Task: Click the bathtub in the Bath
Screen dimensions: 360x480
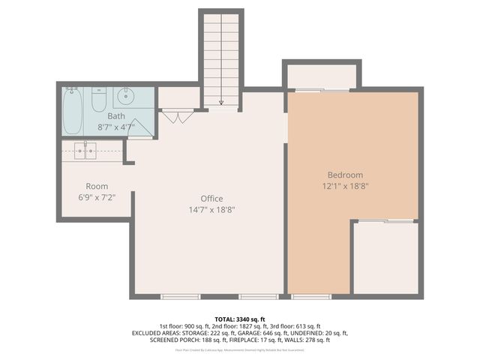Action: click(x=73, y=111)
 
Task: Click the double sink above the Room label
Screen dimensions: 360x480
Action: click(x=85, y=150)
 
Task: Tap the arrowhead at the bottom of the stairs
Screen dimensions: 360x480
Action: click(x=221, y=102)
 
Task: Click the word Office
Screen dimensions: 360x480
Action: click(x=211, y=198)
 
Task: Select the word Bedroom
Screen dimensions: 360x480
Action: click(x=344, y=175)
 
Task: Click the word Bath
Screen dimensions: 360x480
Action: click(x=116, y=116)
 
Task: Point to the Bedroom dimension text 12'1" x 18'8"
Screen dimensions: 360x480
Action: click(x=344, y=186)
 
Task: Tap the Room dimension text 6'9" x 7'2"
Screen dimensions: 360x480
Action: click(x=97, y=198)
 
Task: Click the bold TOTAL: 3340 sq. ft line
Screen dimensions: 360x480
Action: click(x=240, y=319)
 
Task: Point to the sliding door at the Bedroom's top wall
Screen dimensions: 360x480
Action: click(x=321, y=91)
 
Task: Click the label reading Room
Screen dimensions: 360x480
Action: click(x=97, y=186)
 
